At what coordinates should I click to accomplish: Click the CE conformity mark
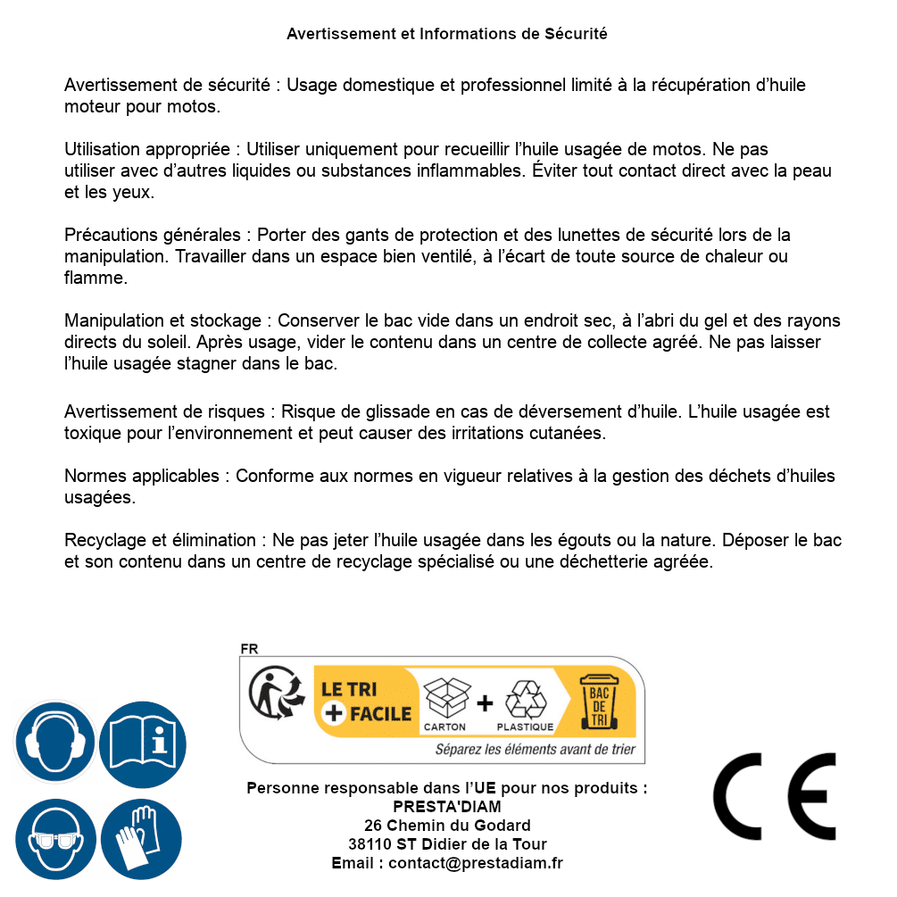(x=774, y=797)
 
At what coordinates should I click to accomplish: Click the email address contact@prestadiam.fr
(x=476, y=863)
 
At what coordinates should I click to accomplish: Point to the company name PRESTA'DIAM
(x=446, y=807)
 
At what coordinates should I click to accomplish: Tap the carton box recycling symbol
(x=444, y=698)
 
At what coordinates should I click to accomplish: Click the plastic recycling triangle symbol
(x=525, y=698)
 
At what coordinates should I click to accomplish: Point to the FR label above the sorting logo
(x=249, y=649)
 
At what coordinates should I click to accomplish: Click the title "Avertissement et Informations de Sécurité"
(x=446, y=34)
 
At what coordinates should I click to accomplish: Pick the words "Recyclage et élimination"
(x=160, y=541)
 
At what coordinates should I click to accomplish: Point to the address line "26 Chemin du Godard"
(x=446, y=826)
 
